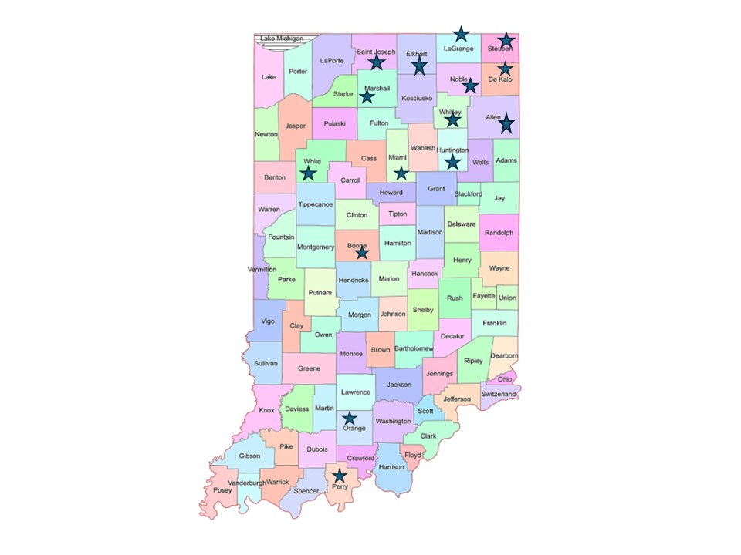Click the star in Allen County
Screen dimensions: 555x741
506,123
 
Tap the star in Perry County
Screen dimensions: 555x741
339,476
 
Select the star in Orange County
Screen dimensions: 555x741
350,418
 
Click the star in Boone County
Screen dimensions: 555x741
362,252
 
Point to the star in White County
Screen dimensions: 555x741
309,173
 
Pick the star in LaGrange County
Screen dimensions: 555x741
460,33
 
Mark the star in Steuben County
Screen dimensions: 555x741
506,40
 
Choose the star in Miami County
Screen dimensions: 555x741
401,173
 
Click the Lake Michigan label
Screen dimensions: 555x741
282,39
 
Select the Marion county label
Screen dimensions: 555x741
389,279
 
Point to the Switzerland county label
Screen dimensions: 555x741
499,394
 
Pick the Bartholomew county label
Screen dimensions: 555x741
414,349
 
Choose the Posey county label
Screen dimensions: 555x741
222,490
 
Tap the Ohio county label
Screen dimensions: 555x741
505,379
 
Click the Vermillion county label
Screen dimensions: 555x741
262,270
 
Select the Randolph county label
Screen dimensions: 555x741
499,233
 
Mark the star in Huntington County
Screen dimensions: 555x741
453,162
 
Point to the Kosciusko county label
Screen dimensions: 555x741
417,99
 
